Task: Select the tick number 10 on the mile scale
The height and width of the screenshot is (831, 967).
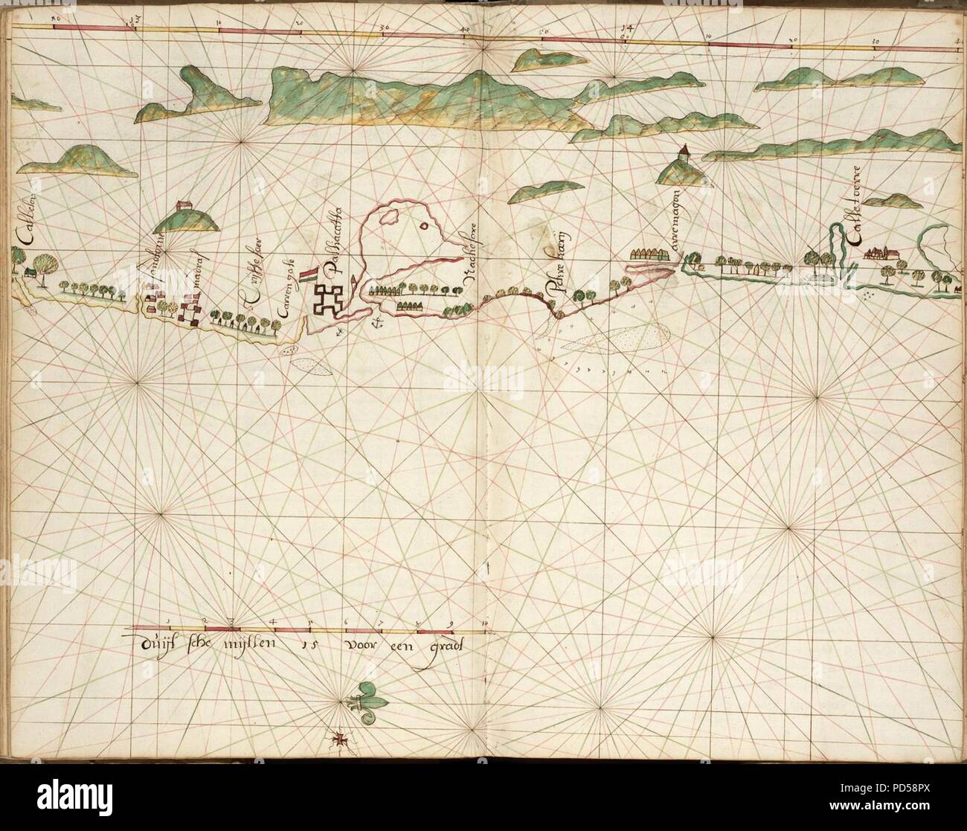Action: [x=485, y=620]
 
